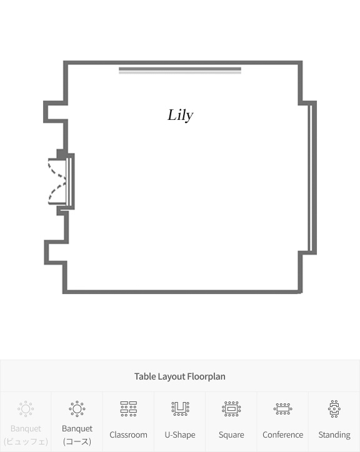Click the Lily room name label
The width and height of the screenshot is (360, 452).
[x=181, y=115]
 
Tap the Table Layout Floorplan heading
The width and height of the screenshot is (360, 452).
[x=180, y=376]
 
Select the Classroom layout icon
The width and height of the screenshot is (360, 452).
[x=129, y=408]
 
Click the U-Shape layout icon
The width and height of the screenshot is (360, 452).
[x=180, y=408]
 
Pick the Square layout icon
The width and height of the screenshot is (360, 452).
[x=231, y=409]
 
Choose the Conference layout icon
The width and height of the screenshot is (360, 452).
[x=283, y=409]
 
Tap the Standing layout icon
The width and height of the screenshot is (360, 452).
[x=334, y=409]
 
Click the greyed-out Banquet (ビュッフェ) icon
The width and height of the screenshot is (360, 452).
[x=26, y=409]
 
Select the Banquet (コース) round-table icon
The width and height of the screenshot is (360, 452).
[x=77, y=409]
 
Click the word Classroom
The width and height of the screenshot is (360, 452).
[x=129, y=435]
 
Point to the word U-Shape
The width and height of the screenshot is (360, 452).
[x=180, y=435]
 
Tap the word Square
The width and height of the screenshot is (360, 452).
[x=231, y=435]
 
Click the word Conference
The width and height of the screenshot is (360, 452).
[x=283, y=435]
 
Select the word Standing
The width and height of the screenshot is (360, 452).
[x=334, y=435]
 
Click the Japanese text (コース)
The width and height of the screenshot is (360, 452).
[x=77, y=441]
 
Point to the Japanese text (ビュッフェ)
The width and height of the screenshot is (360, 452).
[x=26, y=441]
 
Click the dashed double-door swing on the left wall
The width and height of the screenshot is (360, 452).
[x=57, y=182]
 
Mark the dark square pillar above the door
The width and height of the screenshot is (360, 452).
[x=61, y=154]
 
